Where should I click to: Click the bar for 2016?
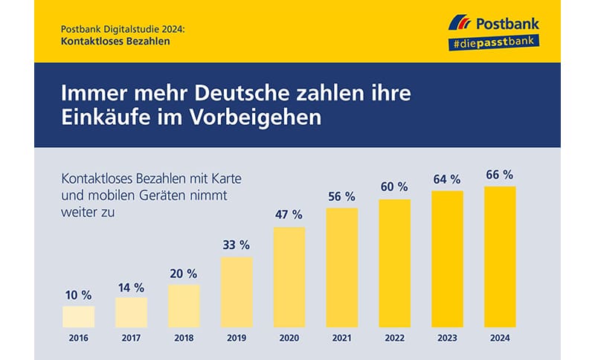tap(78, 316)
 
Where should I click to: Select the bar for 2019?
tap(237, 292)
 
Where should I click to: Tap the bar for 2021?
tap(341, 267)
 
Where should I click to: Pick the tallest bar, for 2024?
tap(500, 256)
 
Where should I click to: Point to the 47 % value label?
tap(289, 214)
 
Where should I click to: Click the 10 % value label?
tap(78, 295)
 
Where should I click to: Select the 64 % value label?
tap(446, 179)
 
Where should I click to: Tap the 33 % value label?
tap(237, 245)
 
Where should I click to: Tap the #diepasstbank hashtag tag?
tap(495, 44)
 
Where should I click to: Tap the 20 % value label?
tap(183, 273)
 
